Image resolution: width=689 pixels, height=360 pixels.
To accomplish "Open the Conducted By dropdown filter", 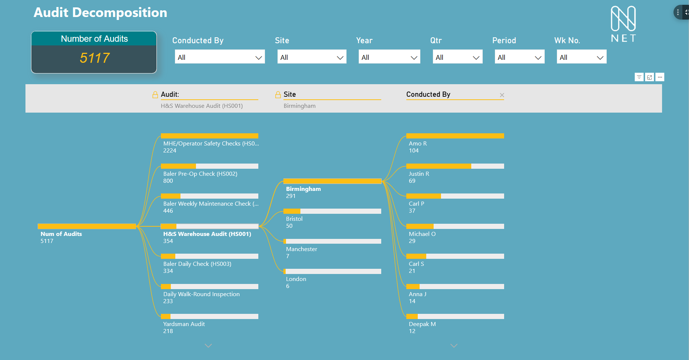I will (x=220, y=57).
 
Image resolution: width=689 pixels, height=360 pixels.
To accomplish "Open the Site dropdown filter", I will (x=311, y=57).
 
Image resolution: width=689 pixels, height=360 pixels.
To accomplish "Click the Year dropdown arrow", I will (x=414, y=58).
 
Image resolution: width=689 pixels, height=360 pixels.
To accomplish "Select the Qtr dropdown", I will (x=457, y=57).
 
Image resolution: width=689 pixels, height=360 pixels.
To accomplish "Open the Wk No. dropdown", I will (x=581, y=57).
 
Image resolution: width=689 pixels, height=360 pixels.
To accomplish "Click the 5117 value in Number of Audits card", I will (x=94, y=58).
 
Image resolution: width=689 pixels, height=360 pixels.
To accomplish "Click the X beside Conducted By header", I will (x=502, y=95).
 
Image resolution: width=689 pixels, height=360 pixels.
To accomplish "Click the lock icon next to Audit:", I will (x=155, y=95).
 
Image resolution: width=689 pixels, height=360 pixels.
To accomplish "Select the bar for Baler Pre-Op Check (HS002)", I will (x=209, y=166).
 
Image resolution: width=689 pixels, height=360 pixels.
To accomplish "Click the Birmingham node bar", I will (x=332, y=181).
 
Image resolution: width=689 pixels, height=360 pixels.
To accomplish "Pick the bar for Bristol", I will (x=332, y=211).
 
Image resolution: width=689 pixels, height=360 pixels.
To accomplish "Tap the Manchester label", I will (x=302, y=249).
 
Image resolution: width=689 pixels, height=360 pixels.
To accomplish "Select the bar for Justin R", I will (x=455, y=166).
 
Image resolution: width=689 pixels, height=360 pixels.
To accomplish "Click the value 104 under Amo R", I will (x=414, y=151).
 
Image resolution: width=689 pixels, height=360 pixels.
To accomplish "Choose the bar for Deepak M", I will (x=455, y=316).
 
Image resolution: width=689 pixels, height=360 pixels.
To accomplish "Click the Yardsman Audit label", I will (x=184, y=324).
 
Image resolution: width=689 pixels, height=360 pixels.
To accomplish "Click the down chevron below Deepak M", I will (x=454, y=346).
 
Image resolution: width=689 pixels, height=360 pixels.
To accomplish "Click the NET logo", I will (x=623, y=24).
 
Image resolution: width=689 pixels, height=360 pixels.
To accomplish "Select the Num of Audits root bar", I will (x=87, y=226).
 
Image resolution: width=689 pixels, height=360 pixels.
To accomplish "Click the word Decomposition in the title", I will (x=120, y=13).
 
